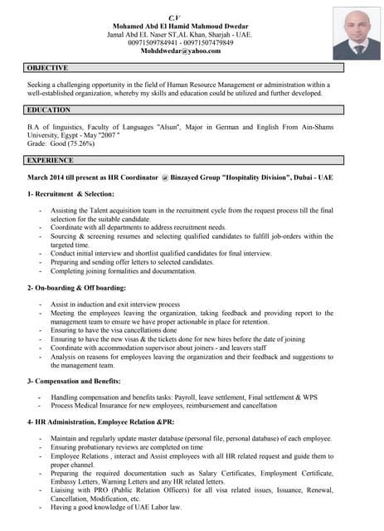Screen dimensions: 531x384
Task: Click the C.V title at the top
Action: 174,17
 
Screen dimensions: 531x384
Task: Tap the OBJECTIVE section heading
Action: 47,68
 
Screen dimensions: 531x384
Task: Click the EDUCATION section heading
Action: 49,110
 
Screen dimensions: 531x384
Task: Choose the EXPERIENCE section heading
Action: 50,160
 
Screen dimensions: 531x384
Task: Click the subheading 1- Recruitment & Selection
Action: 70,194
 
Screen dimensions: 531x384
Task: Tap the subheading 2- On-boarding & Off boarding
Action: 76,288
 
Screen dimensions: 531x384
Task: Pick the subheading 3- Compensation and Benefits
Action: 74,381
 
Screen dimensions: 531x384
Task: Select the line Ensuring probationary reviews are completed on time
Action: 133,447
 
